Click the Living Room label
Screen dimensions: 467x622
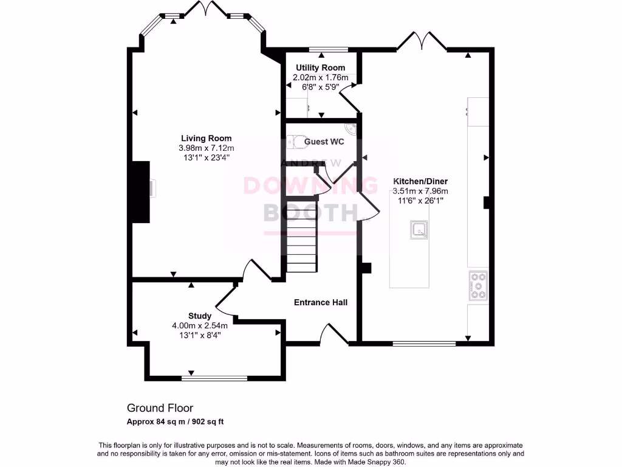pos(206,138)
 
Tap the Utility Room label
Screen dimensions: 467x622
pos(320,67)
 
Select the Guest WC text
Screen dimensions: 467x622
pos(324,142)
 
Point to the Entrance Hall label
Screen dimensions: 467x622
pos(321,302)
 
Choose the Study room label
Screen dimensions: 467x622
pos(200,316)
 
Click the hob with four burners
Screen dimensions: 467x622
pos(478,286)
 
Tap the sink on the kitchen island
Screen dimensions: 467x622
pos(419,230)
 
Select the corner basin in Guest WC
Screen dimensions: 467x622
pos(350,128)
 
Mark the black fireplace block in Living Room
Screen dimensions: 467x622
pos(142,192)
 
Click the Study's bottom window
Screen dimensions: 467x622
pos(214,378)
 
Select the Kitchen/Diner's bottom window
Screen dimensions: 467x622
pos(424,344)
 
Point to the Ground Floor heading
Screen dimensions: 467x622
pos(160,408)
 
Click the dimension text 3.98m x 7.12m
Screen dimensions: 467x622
pos(206,148)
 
